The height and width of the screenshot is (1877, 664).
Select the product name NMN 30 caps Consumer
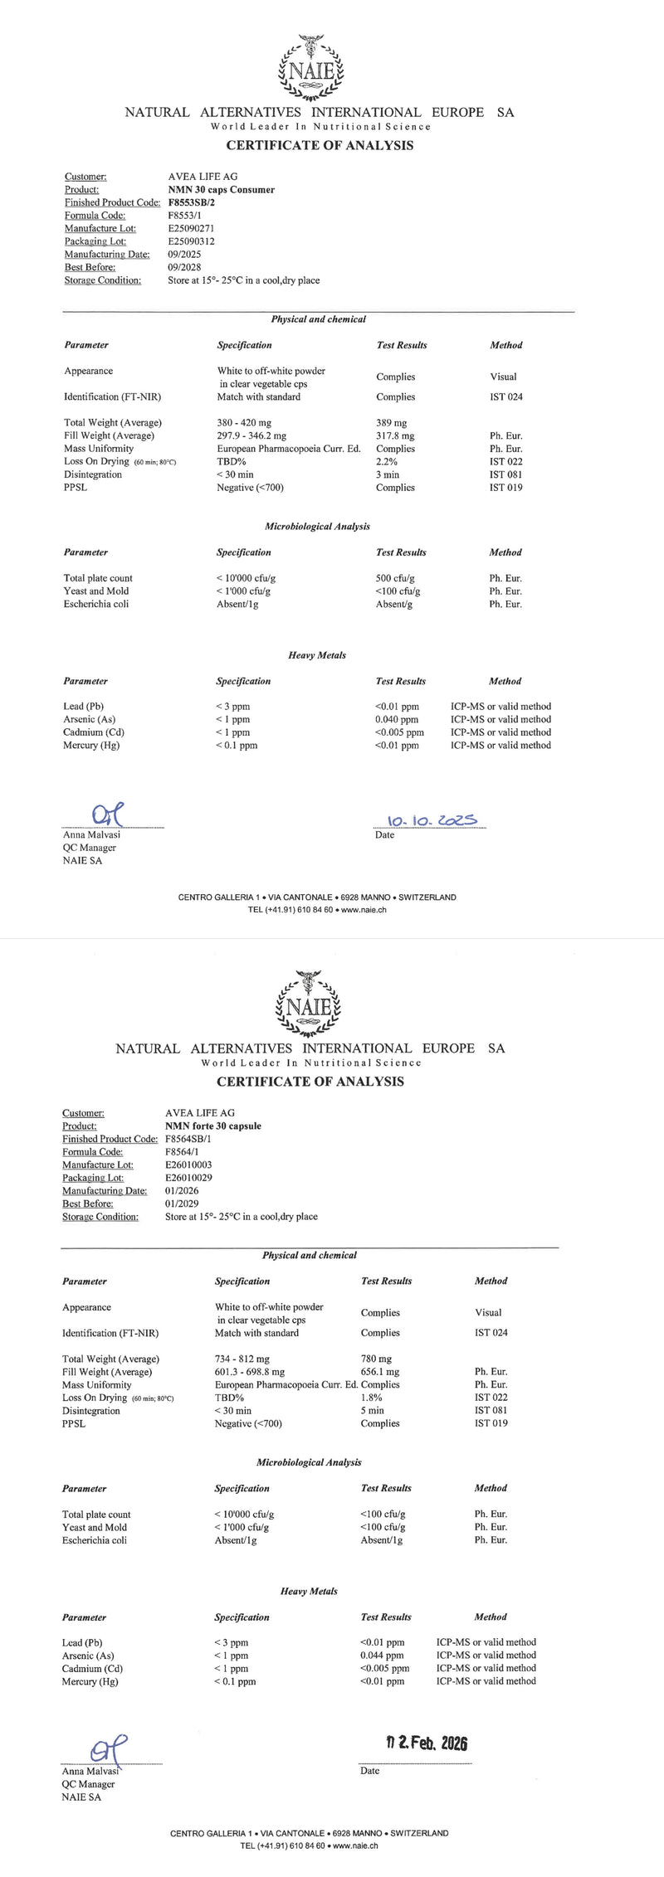(x=221, y=190)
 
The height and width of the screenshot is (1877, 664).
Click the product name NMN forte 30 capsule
(x=213, y=1126)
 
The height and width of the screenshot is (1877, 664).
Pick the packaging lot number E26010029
(x=189, y=1178)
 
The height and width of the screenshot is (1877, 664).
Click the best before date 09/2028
(x=184, y=267)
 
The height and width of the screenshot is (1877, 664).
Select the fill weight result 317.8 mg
(x=395, y=435)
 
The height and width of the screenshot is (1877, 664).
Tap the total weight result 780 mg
(x=376, y=1359)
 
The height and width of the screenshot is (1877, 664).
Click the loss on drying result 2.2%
(x=386, y=461)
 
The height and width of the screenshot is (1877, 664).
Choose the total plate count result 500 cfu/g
(x=395, y=578)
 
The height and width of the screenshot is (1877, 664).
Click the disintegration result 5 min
(x=372, y=1410)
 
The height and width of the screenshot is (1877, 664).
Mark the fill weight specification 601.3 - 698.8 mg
(x=249, y=1372)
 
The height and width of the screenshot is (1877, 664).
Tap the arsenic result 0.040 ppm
(x=396, y=719)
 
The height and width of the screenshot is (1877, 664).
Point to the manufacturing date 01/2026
(x=182, y=1191)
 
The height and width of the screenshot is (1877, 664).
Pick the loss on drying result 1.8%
(x=371, y=1398)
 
